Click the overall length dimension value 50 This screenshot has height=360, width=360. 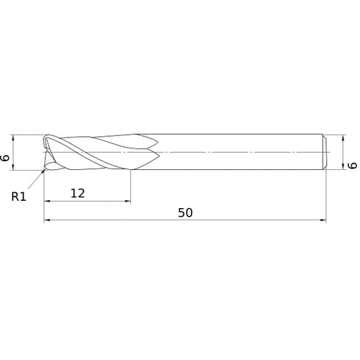click(x=186, y=213)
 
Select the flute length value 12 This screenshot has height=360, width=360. click(x=78, y=193)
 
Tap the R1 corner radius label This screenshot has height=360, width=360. click(x=19, y=195)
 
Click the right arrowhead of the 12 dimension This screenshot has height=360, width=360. click(x=128, y=201)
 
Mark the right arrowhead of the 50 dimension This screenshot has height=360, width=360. click(x=325, y=221)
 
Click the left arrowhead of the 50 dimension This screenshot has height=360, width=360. click(x=48, y=221)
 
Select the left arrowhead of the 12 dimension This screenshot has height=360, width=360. click(x=48, y=201)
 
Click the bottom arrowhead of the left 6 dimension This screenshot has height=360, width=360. click(x=15, y=167)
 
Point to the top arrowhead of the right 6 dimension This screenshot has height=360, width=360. click(x=341, y=138)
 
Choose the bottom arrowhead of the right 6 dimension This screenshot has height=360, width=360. click(x=341, y=167)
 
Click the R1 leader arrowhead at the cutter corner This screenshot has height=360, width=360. click(x=46, y=169)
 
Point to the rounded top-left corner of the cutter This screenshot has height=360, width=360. click(x=46, y=137)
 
